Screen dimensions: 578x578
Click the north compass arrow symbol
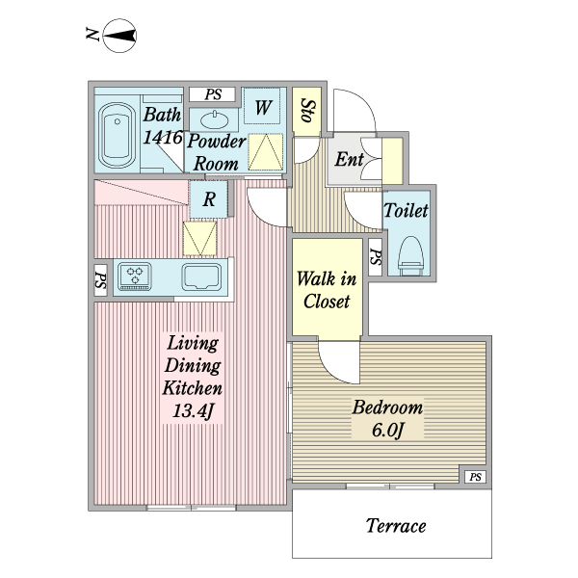[118, 38]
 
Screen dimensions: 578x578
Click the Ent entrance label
[348, 160]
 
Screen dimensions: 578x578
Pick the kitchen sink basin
[204, 277]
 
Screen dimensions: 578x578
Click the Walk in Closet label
[327, 289]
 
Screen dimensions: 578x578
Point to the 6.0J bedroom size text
[387, 430]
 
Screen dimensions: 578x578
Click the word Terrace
[395, 526]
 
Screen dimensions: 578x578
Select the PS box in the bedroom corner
[474, 477]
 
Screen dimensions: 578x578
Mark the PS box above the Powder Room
[213, 93]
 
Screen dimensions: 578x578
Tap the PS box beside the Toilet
[375, 257]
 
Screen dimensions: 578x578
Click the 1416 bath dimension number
[163, 138]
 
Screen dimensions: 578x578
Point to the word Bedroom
[387, 407]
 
